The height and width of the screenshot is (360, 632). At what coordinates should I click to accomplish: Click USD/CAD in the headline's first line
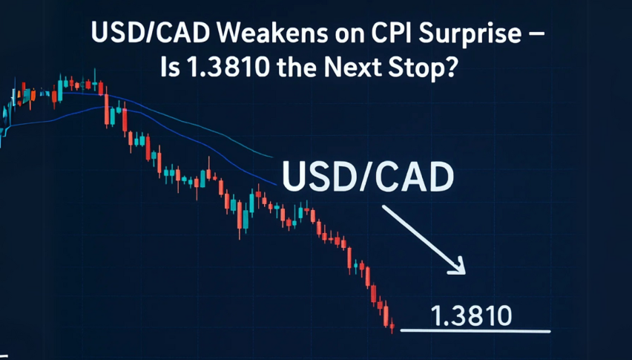click(150, 33)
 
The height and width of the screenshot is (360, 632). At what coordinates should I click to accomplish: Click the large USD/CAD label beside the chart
click(368, 176)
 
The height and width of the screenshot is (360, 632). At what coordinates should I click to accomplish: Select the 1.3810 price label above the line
click(471, 315)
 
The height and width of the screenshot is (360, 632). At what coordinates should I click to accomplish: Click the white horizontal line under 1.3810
click(475, 331)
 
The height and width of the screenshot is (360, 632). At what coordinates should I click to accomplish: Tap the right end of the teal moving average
click(272, 157)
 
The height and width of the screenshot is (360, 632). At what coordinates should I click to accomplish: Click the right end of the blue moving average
click(276, 184)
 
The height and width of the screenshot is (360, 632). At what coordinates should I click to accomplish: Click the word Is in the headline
click(169, 67)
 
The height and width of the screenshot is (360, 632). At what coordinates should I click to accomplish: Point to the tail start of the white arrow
click(384, 206)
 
